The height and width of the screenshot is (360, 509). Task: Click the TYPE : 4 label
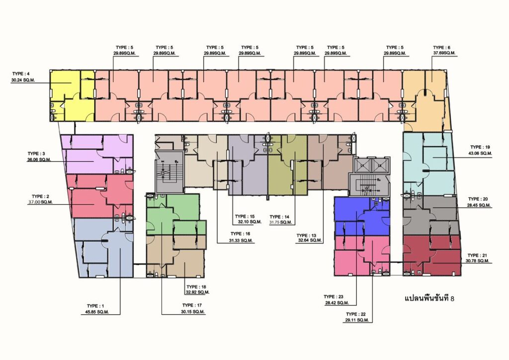coord(21,74)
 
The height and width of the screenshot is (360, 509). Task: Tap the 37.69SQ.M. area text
coord(444,53)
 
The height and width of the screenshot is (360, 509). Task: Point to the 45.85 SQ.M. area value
coord(95,312)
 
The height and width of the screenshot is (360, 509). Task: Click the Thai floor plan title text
coord(429,298)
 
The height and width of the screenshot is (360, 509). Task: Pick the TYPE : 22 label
coord(356,314)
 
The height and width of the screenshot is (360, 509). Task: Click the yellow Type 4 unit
coord(72,95)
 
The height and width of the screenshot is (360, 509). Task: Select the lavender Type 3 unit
coord(97,155)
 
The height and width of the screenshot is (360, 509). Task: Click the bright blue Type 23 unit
coord(362,216)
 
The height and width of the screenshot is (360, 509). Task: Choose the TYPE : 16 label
coord(241,234)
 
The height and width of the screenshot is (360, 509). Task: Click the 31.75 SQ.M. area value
coord(281,222)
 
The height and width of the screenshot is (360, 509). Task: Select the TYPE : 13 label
coord(306,235)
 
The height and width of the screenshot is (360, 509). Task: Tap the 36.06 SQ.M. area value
coord(39,160)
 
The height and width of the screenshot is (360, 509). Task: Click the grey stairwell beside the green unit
coord(170,172)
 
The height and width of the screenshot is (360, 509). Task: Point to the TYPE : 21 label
coord(477,256)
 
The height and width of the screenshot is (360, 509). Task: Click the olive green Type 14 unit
coord(287,166)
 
